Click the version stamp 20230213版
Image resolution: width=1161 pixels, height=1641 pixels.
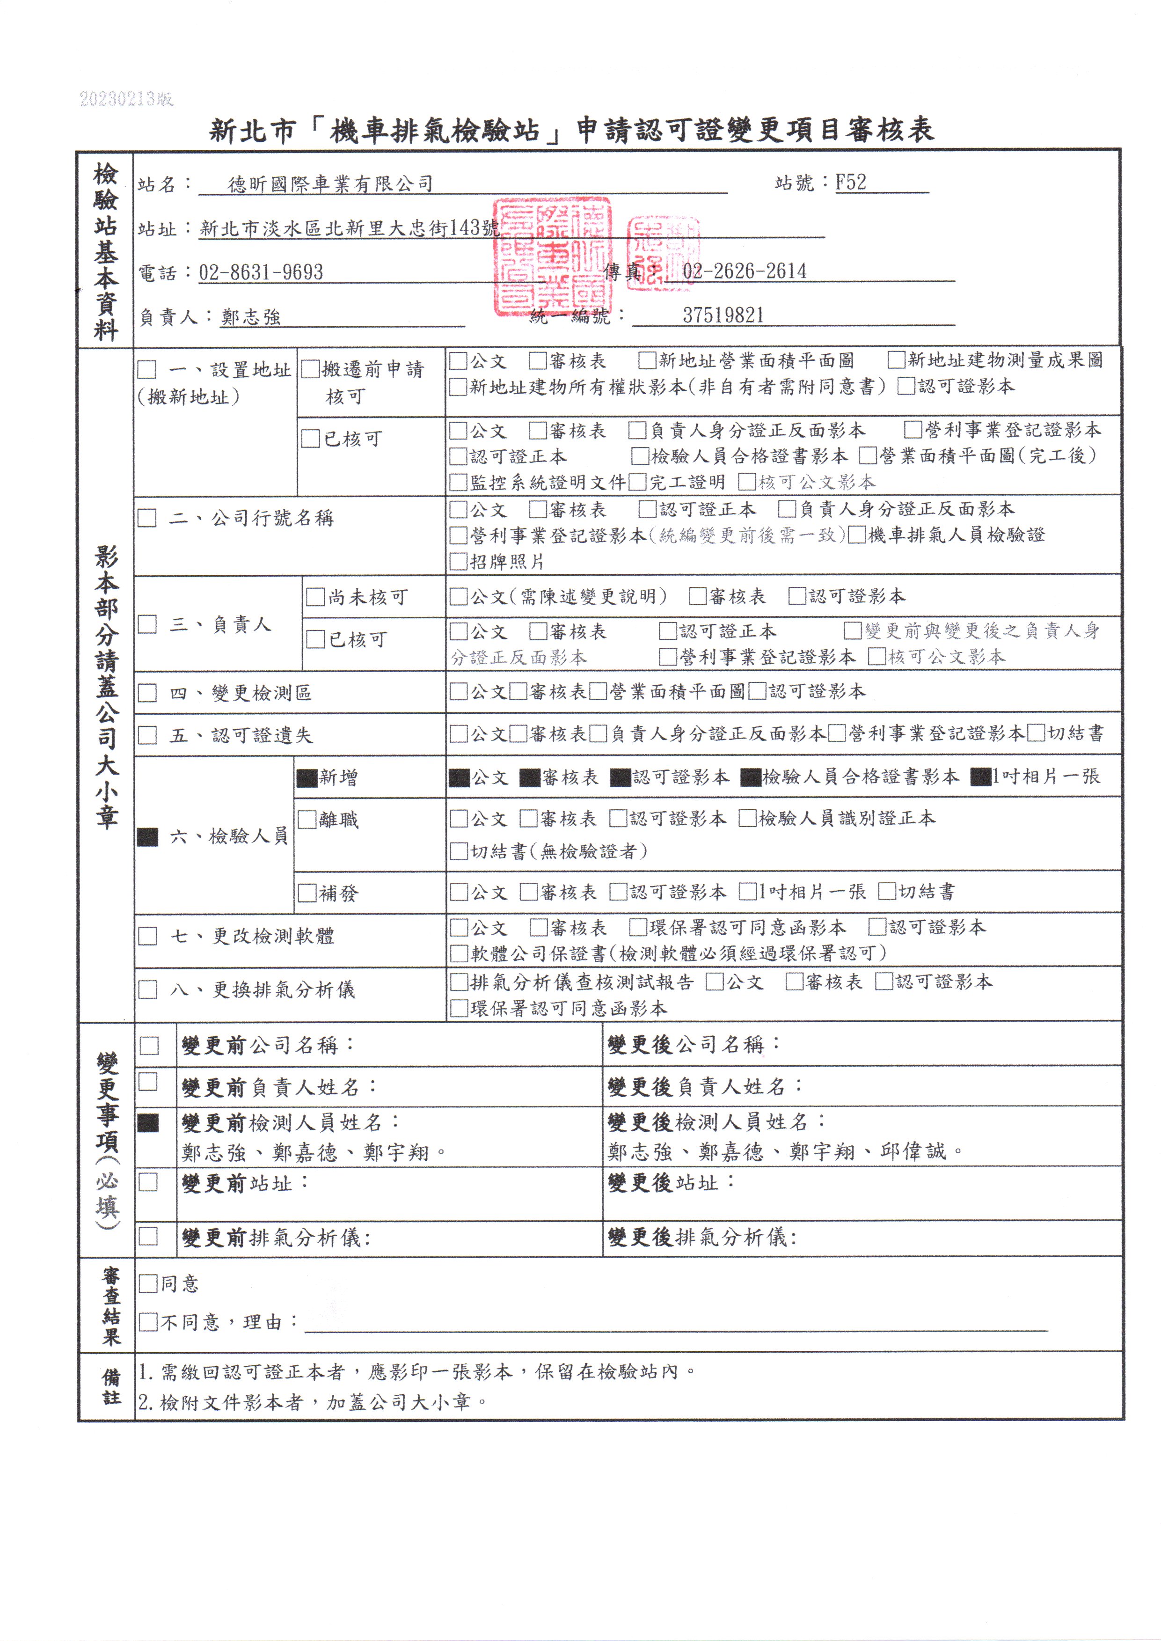pyautogui.click(x=126, y=99)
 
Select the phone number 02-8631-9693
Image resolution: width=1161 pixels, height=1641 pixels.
pyautogui.click(x=261, y=272)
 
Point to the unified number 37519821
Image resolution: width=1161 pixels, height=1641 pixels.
pyautogui.click(x=723, y=315)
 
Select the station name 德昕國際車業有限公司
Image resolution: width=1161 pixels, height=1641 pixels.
pyautogui.click(x=330, y=184)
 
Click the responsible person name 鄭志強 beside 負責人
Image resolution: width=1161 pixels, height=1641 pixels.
pyautogui.click(x=251, y=317)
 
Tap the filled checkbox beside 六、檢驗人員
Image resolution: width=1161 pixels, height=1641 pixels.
pyautogui.click(x=147, y=836)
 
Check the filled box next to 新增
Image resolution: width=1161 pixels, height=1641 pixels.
pyautogui.click(x=307, y=778)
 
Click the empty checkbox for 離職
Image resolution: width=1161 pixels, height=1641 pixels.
pyautogui.click(x=307, y=820)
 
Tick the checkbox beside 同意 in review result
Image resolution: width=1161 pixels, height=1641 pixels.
pyautogui.click(x=148, y=1283)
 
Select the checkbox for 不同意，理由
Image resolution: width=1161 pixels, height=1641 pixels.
pyautogui.click(x=148, y=1321)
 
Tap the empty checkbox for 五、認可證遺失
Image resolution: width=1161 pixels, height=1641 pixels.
pyautogui.click(x=147, y=735)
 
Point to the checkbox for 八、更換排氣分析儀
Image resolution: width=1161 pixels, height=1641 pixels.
pyautogui.click(x=147, y=989)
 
